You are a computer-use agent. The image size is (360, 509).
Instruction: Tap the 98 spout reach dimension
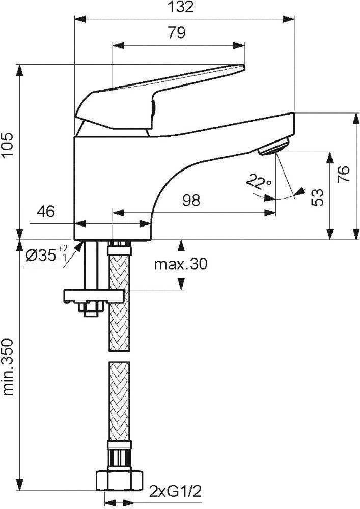(x=191, y=200)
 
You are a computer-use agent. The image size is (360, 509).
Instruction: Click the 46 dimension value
(x=46, y=211)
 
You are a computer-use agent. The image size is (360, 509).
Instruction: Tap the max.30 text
(x=181, y=265)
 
